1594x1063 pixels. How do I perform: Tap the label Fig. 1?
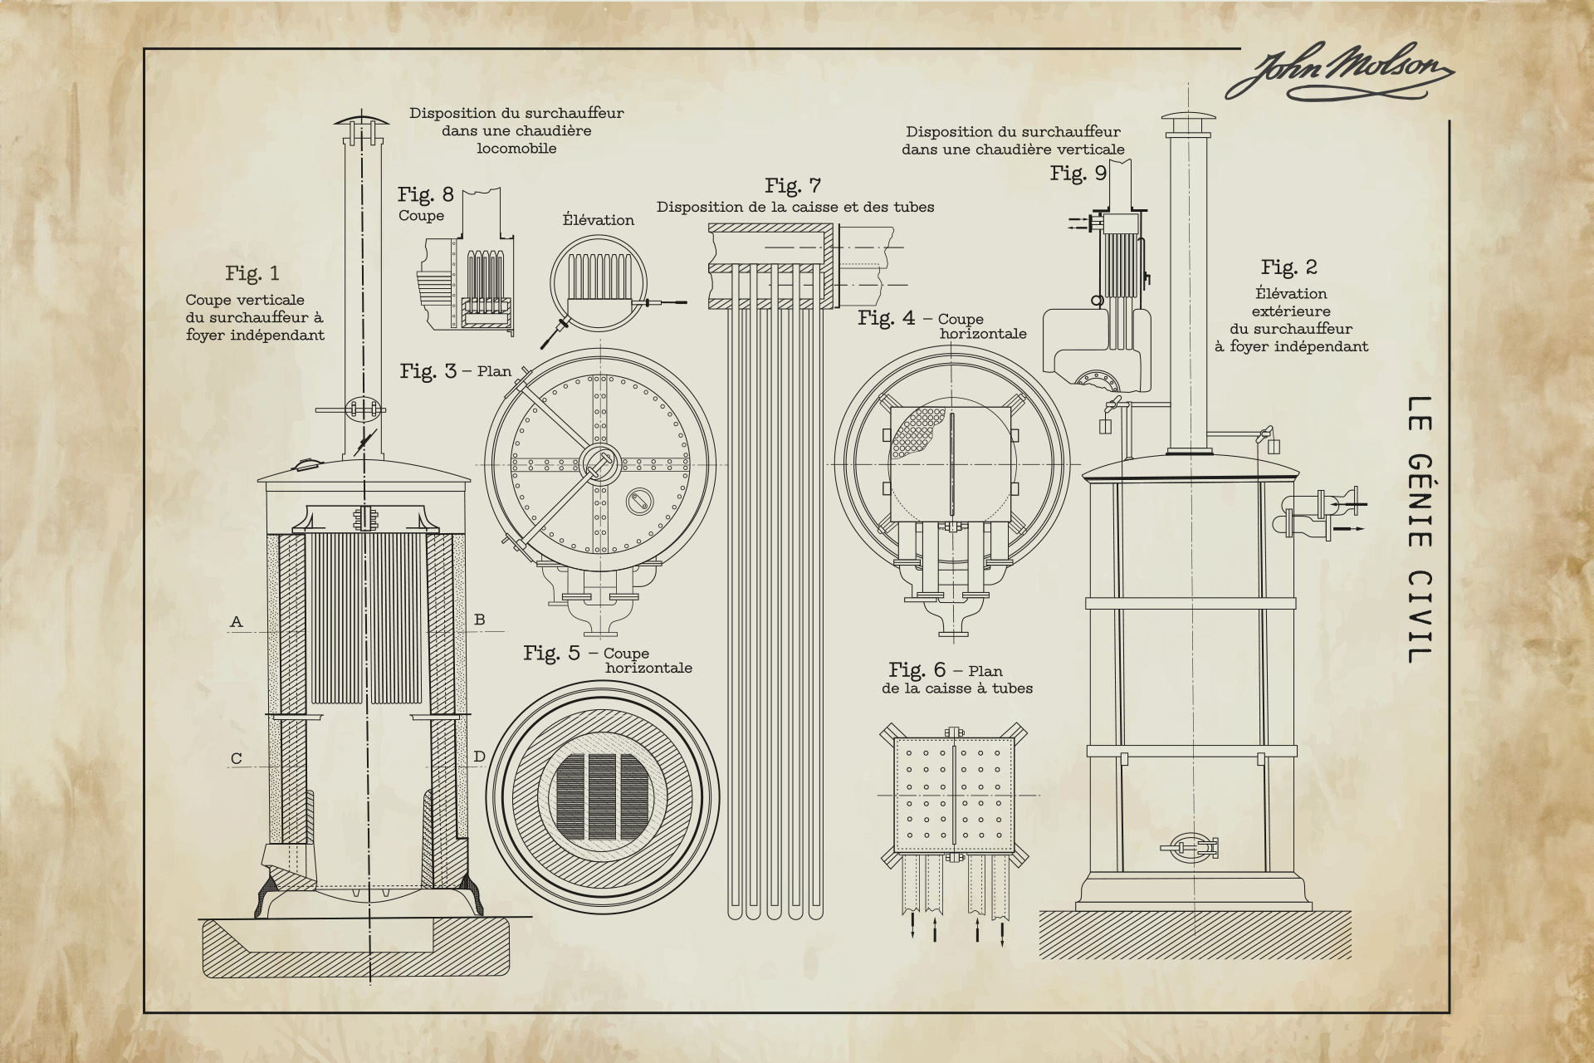252,273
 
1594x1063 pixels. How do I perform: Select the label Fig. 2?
1288,267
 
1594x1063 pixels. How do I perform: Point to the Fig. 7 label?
793,185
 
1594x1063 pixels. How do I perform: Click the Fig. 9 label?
1078,173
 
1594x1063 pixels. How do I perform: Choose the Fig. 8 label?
425,194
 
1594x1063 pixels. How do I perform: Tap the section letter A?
237,621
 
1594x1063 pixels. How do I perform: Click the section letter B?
479,620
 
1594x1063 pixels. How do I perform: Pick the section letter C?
237,758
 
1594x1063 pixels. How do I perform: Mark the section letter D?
479,757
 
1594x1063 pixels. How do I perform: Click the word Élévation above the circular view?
598,220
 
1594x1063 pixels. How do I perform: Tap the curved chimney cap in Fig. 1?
363,120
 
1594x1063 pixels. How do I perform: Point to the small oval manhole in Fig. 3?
640,500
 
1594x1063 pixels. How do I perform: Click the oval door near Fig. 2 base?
1191,846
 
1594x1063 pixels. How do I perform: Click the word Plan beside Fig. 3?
494,371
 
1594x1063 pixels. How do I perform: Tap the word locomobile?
516,149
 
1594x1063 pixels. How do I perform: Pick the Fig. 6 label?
917,669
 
